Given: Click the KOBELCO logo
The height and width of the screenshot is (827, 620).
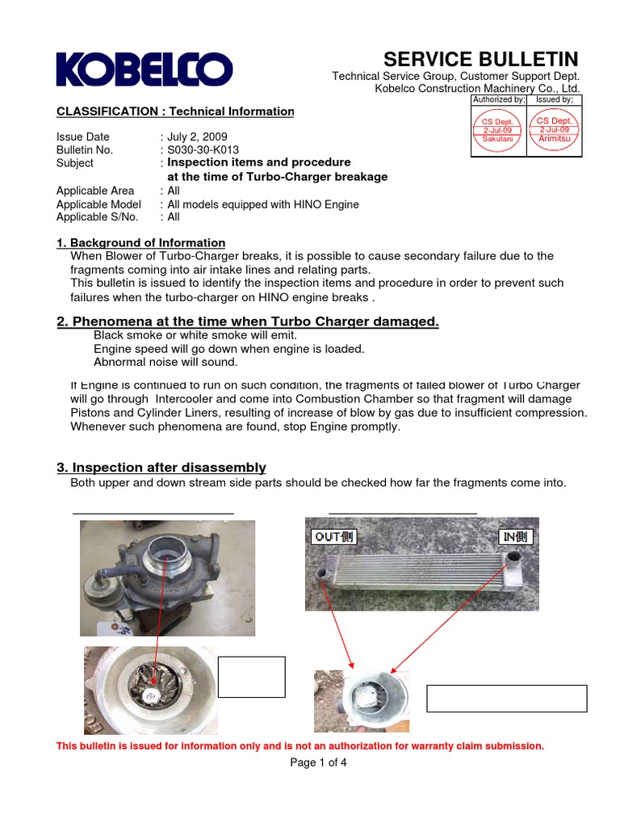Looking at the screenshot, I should pyautogui.click(x=144, y=69).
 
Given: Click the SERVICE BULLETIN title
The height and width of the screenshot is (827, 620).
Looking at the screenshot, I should pyautogui.click(x=480, y=59).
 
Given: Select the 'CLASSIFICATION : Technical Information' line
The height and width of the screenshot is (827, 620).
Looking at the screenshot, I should pyautogui.click(x=175, y=111).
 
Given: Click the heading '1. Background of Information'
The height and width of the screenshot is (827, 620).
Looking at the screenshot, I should pyautogui.click(x=140, y=242).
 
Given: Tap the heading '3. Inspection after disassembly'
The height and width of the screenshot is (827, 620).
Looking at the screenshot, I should pyautogui.click(x=161, y=468).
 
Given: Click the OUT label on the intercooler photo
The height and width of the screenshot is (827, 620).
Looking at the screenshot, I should pyautogui.click(x=333, y=537).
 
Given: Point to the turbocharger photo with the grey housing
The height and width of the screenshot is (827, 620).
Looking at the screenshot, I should pyautogui.click(x=167, y=577).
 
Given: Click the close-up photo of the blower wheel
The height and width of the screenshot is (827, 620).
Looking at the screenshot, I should pyautogui.click(x=149, y=690).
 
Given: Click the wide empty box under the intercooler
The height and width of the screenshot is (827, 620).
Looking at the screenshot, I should pyautogui.click(x=506, y=699).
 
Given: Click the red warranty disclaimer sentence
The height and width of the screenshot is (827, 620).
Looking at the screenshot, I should pyautogui.click(x=300, y=745).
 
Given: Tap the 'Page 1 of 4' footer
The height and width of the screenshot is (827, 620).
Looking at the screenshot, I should pyautogui.click(x=317, y=762).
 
